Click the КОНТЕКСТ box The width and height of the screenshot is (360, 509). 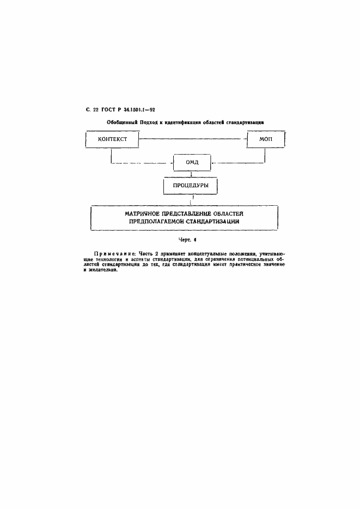point(113,140)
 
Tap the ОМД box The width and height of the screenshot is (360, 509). point(192,162)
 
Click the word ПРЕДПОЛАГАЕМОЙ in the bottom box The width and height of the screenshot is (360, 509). point(162,222)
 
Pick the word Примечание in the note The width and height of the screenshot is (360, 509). point(115,253)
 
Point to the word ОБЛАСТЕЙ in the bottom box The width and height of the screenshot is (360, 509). point(235,213)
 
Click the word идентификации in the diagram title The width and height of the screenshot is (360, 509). point(193,123)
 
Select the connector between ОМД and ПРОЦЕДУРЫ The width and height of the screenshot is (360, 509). point(192,175)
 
